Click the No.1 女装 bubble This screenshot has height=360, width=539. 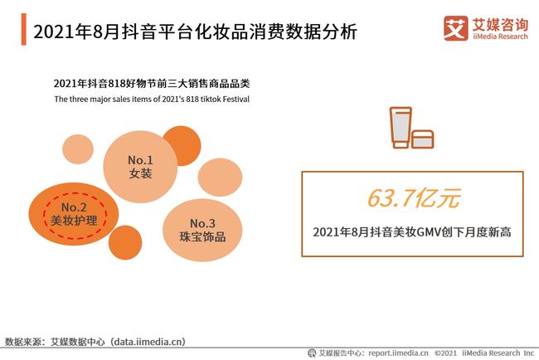click(140, 167)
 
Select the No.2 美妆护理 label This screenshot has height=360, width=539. click(74, 214)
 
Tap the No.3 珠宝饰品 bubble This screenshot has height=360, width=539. click(202, 230)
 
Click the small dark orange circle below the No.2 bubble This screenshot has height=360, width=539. click(125, 242)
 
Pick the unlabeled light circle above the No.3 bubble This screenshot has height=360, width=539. click(220, 177)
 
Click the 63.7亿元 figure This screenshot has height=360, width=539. click(414, 198)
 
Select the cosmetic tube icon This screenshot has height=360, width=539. click(401, 128)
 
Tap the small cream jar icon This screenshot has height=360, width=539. click(422, 139)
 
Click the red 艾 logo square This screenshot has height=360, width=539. click(456, 28)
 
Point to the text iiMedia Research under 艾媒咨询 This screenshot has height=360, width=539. click(500, 36)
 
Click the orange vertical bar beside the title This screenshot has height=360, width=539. click(23, 29)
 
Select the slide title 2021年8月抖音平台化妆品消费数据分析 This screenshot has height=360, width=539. click(195, 32)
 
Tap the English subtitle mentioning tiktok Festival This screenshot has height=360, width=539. click(152, 100)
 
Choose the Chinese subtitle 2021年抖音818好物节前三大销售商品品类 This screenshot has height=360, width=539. click(152, 84)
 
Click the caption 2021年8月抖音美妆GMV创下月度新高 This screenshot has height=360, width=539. click(412, 232)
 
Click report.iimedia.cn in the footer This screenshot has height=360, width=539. click(398, 353)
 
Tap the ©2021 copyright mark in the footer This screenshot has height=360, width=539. click(445, 353)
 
